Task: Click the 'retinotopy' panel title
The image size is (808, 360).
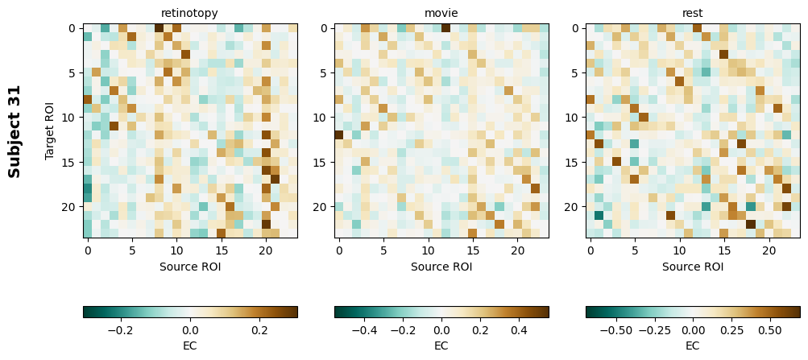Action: tap(189, 13)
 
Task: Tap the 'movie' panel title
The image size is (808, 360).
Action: tap(441, 13)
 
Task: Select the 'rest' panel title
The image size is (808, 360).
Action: tap(693, 13)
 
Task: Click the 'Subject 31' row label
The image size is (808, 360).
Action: tap(15, 131)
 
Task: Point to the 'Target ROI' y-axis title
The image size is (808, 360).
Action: tap(50, 131)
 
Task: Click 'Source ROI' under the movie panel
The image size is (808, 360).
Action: tap(441, 267)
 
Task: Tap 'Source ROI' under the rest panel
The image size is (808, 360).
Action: tap(693, 267)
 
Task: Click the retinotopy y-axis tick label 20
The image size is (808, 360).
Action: tap(70, 207)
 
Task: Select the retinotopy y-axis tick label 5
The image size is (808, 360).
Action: tap(73, 73)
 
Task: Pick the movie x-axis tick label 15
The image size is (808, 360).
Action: tap(473, 250)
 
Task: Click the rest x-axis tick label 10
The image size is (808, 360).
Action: tap(679, 250)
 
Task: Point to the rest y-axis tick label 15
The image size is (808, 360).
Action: tap(573, 163)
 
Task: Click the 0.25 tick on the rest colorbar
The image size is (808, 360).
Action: tap(731, 330)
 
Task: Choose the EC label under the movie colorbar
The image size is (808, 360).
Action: tap(441, 346)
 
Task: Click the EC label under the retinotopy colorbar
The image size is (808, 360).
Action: tap(189, 346)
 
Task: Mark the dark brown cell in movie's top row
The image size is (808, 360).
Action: tap(445, 28)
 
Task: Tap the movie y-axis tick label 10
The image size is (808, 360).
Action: tap(321, 118)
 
